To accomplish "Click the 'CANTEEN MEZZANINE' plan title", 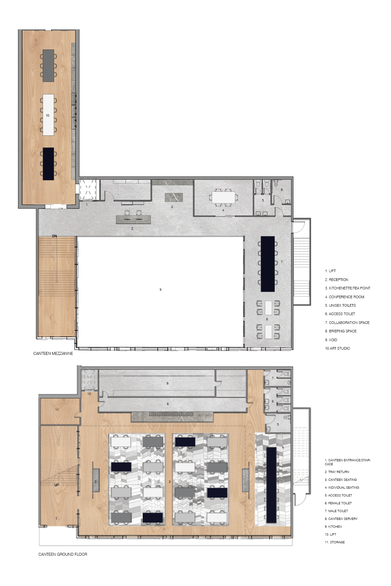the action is (53, 353).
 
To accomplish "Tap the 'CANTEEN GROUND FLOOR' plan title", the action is (63, 554).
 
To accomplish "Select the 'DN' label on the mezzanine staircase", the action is (54, 236).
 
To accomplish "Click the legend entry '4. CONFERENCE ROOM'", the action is (344, 297).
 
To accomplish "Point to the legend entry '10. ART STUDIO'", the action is (337, 348).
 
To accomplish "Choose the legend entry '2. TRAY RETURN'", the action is (337, 472).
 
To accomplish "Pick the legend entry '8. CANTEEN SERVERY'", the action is (341, 519).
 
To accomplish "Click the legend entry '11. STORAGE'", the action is (335, 542).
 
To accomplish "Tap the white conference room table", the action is (223, 197).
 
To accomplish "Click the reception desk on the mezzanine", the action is (133, 219).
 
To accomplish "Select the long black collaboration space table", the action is (268, 264).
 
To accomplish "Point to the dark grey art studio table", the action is (48, 65).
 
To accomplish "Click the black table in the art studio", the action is (48, 164).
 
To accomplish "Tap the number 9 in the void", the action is (161, 289).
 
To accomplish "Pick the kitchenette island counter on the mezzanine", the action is (174, 197).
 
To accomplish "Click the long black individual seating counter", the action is (271, 485).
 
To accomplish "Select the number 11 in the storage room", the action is (57, 410).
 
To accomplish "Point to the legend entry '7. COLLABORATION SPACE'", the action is (347, 323).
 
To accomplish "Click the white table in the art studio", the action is (48, 115).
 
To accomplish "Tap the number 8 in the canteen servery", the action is (168, 404).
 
